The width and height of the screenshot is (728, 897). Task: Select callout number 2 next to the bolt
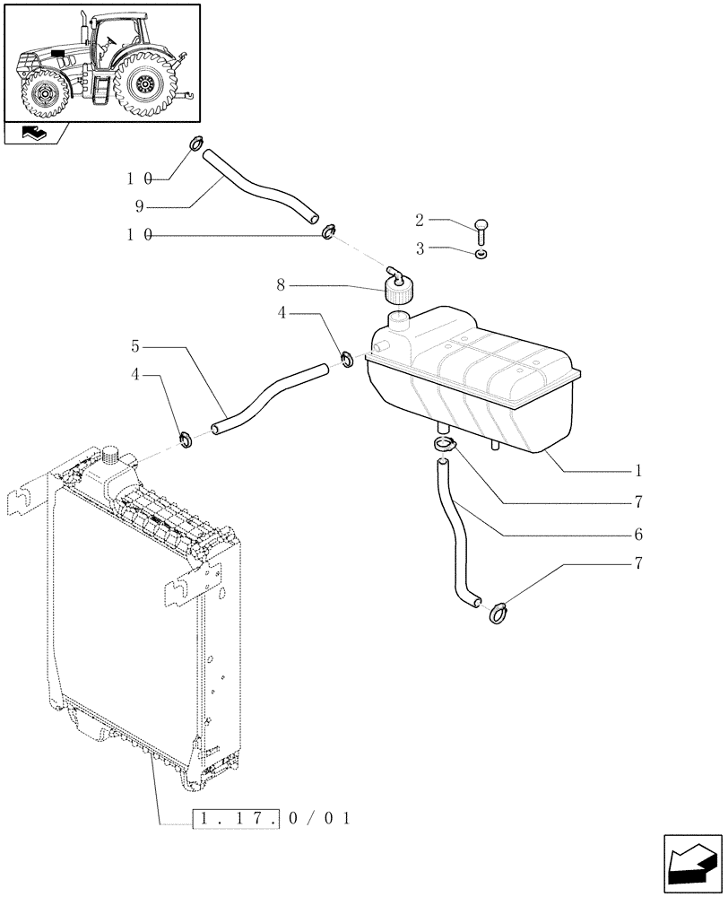coord(420,219)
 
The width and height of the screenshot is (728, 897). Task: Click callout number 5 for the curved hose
coord(134,346)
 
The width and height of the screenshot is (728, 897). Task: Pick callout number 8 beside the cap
coord(281,285)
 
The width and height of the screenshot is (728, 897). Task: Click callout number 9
coord(140,205)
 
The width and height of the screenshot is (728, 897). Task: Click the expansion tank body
coord(475,377)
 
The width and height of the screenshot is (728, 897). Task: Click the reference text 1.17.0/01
coord(273,818)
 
